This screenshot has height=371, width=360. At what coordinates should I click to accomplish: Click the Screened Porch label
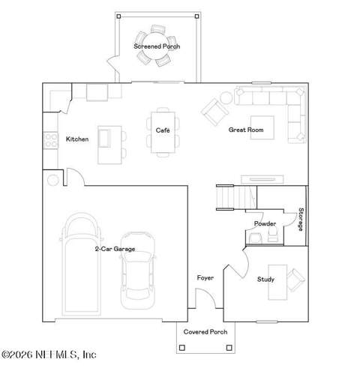pos(157,46)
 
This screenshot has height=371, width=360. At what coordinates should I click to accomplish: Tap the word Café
pos(163,130)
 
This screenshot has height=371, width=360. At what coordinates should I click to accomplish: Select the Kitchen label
pos(77,139)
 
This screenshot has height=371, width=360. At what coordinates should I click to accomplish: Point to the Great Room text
pos(246,130)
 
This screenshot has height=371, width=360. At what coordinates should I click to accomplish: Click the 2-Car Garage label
pos(115,249)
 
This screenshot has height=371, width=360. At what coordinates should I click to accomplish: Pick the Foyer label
pos(205,277)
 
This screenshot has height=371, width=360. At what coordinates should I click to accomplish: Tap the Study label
pos(265,280)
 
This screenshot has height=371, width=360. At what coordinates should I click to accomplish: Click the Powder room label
pos(265,223)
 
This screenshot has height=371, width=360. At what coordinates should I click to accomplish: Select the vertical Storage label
pos(301,219)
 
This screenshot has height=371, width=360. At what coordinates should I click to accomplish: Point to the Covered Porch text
pos(205,332)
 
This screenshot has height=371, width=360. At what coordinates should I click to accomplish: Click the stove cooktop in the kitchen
pos(51,140)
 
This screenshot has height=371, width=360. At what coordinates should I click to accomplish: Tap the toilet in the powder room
pos(272,235)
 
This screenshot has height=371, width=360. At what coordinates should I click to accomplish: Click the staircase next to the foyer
pos(236,197)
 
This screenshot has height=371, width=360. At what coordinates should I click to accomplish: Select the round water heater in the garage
pos(53,180)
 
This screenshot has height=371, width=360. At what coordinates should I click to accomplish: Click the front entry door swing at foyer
pos(205,298)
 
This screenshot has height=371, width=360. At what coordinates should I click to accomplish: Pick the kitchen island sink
pos(104,139)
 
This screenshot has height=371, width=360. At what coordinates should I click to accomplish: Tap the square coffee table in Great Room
pos(262,127)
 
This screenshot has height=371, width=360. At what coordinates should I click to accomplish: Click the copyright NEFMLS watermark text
pos(49,355)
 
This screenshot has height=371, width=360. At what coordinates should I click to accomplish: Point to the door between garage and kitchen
pos(75,177)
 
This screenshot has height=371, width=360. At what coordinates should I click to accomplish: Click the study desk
pos(277,282)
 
